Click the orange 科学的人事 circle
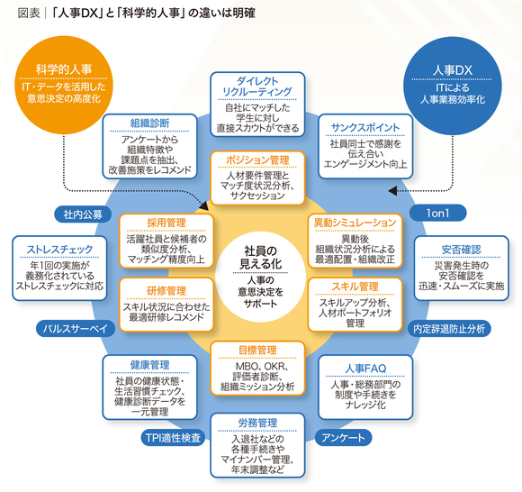[x=64, y=85]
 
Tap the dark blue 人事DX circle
[x=453, y=86]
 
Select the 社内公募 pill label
[x=83, y=214]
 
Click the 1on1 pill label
[x=437, y=213]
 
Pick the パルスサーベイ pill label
[x=76, y=329]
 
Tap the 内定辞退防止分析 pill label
[x=449, y=329]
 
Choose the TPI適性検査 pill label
[x=173, y=438]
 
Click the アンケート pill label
[x=343, y=437]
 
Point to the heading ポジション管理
[x=257, y=160]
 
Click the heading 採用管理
[x=166, y=223]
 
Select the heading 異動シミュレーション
[x=355, y=223]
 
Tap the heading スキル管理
[x=355, y=287]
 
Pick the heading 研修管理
[x=166, y=291]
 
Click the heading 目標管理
[x=257, y=350]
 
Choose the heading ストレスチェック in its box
[x=59, y=249]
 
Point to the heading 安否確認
[x=461, y=250]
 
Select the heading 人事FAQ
[x=365, y=369]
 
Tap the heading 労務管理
[x=257, y=423]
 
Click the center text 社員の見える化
[x=261, y=258]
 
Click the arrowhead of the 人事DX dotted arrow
[x=392, y=191]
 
